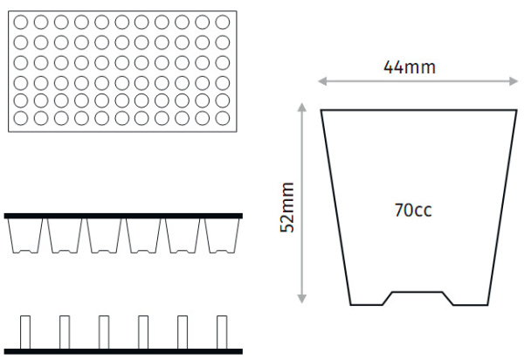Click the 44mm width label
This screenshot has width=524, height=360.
click(x=410, y=66)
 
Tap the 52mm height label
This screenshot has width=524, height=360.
click(x=286, y=207)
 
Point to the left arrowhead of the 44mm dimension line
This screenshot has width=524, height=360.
click(x=321, y=82)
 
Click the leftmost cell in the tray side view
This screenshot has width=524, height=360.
click(x=25, y=235)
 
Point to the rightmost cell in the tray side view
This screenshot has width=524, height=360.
click(x=222, y=235)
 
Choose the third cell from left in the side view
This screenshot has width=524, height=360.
click(x=104, y=235)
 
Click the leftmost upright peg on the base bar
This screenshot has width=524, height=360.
click(x=24, y=331)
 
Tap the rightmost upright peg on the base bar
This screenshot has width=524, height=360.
click(x=221, y=331)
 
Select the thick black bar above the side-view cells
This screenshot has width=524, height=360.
click(x=123, y=215)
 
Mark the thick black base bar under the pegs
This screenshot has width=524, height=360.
click(x=123, y=350)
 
